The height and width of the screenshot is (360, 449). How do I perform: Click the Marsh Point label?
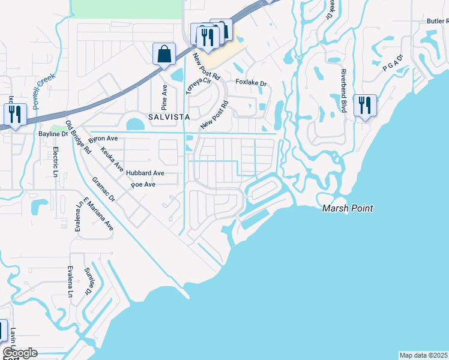click(x=348, y=208)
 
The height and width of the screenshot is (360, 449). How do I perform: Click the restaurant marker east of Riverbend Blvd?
click(x=365, y=106)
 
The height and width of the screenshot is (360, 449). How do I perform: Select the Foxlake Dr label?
click(x=251, y=82)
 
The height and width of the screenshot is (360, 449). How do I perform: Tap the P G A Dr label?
click(x=393, y=64)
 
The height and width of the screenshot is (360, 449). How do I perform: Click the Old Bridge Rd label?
click(x=77, y=137)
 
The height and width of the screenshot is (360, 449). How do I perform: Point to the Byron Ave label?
click(x=103, y=138)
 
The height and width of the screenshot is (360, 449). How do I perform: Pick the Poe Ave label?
click(x=143, y=184)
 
